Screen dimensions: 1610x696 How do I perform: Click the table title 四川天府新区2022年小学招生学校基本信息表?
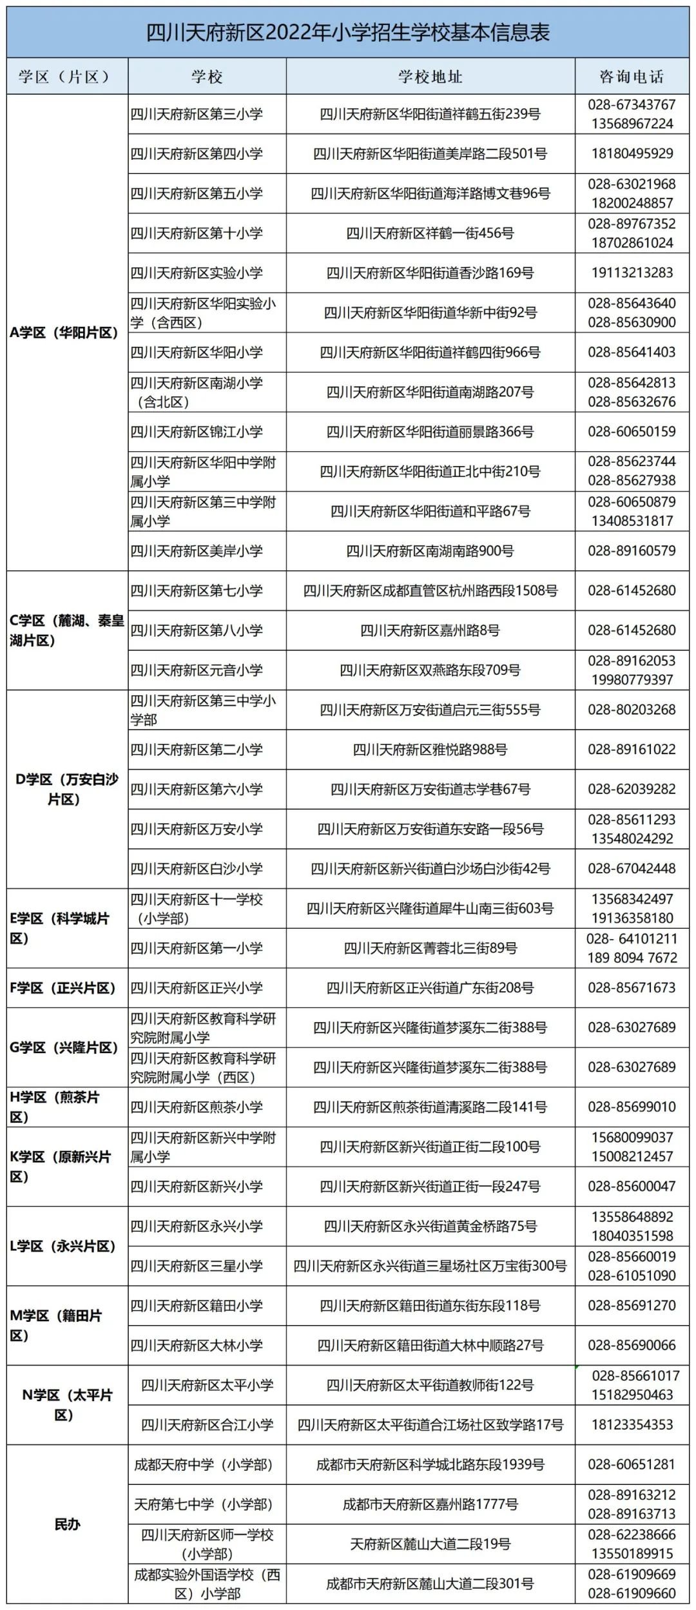348,32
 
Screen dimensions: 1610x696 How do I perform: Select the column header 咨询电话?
631,77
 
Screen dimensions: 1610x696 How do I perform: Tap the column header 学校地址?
430,77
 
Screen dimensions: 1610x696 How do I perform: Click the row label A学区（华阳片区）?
64,333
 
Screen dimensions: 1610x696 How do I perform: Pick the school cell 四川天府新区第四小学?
197,153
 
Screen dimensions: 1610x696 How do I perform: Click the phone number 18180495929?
632,153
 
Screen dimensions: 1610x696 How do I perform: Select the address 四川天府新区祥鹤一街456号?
430,233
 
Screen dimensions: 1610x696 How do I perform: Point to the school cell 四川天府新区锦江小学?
197,432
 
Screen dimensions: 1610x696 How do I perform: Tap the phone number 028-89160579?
632,551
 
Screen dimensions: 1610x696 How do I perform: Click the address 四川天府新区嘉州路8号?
430,630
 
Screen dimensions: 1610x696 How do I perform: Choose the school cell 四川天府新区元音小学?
197,670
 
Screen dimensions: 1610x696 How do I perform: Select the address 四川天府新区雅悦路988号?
430,750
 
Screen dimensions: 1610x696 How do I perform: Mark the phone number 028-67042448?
632,869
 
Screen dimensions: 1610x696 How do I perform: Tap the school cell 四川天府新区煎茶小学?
197,1107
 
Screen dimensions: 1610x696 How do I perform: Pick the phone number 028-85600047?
632,1187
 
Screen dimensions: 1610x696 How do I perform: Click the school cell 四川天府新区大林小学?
197,1345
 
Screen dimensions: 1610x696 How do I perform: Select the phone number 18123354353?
632,1424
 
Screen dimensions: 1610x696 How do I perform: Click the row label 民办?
67,1524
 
